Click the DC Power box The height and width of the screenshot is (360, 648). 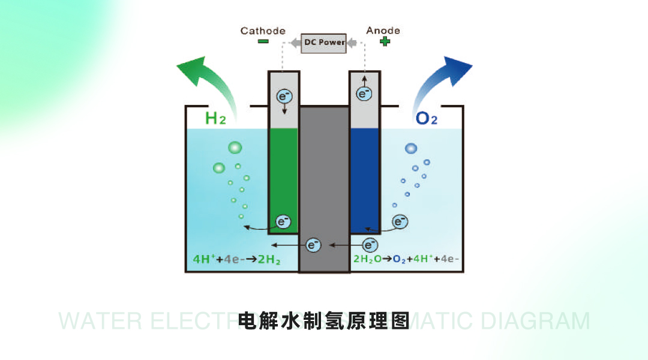(x=323, y=43)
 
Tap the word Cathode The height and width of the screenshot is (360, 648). (x=263, y=31)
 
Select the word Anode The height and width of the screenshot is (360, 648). (x=383, y=31)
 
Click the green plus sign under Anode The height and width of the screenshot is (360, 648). (x=385, y=41)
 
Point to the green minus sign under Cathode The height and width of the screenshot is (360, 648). (x=263, y=41)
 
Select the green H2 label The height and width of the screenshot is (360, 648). (x=215, y=118)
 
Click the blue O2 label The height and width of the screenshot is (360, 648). (x=426, y=118)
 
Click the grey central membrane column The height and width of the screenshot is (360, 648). (x=324, y=180)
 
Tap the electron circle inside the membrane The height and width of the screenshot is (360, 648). (x=314, y=245)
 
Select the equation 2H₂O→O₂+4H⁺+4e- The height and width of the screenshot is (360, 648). (x=406, y=260)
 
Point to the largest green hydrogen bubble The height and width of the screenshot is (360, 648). (x=235, y=148)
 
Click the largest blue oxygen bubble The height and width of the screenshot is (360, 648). (x=411, y=148)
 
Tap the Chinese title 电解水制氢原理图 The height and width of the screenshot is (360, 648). (x=323, y=320)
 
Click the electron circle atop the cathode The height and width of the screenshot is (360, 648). (x=283, y=95)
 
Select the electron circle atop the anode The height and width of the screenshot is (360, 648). (x=364, y=94)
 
